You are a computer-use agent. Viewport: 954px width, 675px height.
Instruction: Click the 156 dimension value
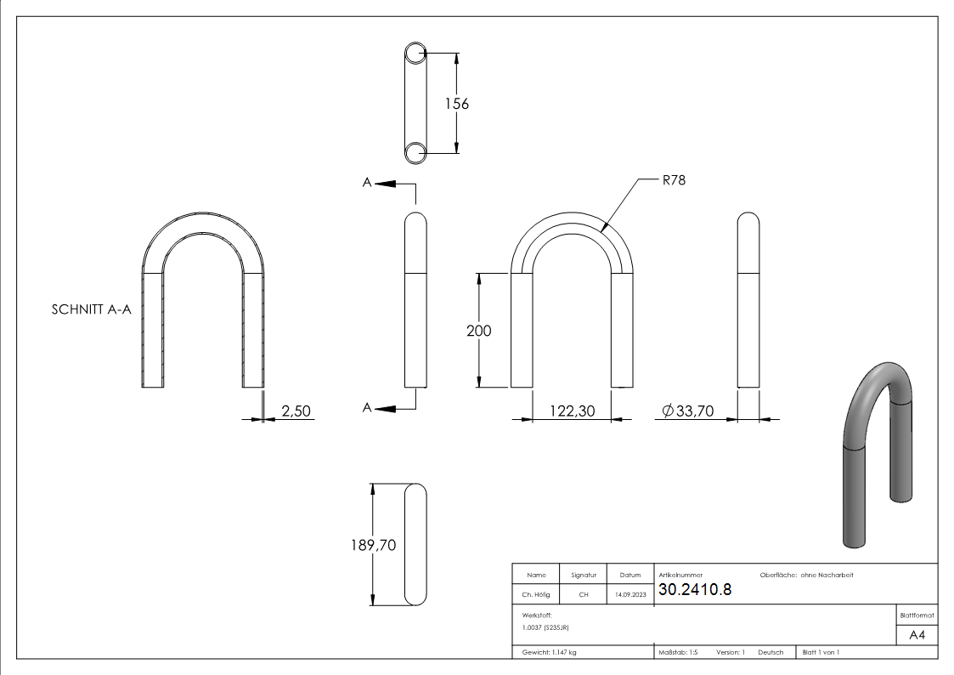pos(457,104)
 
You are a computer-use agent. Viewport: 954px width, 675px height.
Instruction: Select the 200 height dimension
pos(479,331)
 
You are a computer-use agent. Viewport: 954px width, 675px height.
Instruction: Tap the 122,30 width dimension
pos(571,411)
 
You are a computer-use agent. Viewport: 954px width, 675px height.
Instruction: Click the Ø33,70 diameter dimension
pos(686,411)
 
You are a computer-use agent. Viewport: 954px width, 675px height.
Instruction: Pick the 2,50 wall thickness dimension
pos(296,411)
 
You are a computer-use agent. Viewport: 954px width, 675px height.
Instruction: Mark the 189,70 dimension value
pos(374,545)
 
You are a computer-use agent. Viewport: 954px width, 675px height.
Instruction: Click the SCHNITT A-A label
pos(92,310)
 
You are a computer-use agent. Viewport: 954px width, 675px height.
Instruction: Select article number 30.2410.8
pos(695,590)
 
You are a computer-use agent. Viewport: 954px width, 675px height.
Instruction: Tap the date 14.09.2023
pos(629,595)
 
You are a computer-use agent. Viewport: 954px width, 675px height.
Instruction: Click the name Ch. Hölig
pos(536,595)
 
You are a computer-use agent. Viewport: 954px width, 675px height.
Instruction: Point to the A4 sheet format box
pos(917,635)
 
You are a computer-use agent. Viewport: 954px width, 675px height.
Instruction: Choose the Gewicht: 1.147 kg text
pos(545,652)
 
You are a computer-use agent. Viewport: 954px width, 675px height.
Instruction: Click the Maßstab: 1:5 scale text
pos(678,652)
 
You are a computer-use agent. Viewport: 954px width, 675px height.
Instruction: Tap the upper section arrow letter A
pos(367,183)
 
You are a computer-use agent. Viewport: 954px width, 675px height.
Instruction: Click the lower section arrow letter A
pos(367,409)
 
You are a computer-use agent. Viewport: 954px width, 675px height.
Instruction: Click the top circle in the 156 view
pos(415,54)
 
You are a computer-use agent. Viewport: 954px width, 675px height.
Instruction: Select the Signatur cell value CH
pos(584,595)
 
